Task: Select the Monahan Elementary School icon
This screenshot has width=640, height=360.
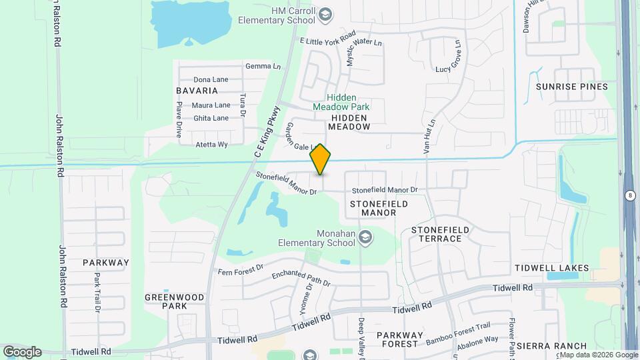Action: click(x=365, y=237)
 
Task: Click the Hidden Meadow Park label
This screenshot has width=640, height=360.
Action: click(x=341, y=102)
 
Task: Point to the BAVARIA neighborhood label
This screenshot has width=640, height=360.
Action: click(x=197, y=90)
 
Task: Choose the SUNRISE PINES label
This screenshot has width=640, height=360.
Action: click(x=572, y=87)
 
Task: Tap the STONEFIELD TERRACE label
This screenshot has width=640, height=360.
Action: click(x=441, y=234)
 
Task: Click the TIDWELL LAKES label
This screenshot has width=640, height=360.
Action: click(x=552, y=268)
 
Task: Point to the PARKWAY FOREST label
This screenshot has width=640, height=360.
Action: click(x=397, y=339)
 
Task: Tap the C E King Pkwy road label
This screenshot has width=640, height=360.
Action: click(x=266, y=133)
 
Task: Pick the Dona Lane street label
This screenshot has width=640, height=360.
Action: click(x=211, y=79)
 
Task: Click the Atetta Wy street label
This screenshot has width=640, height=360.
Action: click(x=211, y=144)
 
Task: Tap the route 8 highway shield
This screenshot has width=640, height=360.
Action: click(x=630, y=195)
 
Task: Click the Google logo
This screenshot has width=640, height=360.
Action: click(x=22, y=351)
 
